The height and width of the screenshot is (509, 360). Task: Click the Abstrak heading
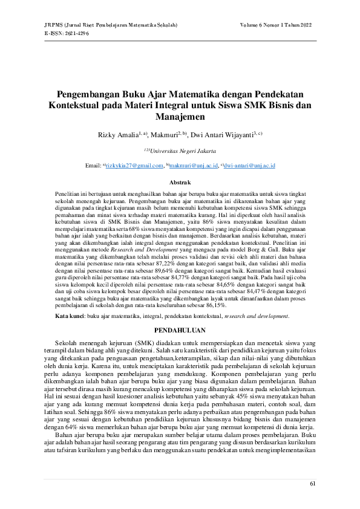click(x=180, y=182)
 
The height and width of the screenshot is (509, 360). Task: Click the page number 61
click(x=312, y=484)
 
